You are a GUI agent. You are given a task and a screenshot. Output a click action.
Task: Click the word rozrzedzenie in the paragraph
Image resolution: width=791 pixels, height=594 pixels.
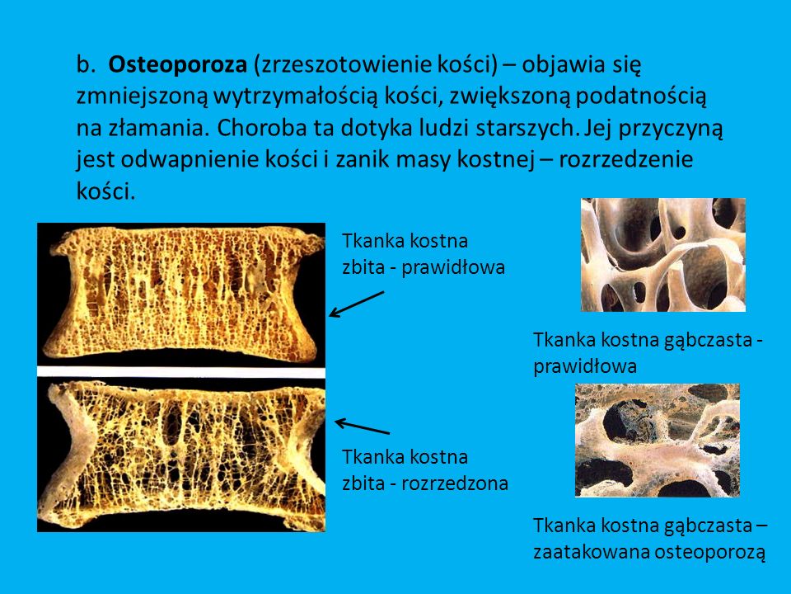point(626,160)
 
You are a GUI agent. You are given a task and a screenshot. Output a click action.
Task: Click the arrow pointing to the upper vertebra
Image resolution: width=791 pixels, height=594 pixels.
point(356,304)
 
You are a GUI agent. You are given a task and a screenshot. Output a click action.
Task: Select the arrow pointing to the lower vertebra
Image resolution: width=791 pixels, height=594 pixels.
point(362,427)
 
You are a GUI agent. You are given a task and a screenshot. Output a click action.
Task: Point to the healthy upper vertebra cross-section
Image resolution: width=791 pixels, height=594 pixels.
point(181,293)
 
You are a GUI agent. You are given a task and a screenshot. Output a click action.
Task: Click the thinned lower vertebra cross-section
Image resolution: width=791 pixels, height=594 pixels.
point(181,454)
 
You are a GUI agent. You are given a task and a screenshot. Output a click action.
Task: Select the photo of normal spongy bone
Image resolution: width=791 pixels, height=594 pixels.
point(662,254)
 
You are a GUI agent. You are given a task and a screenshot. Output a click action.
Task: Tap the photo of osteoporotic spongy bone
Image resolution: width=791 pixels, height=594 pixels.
point(657,440)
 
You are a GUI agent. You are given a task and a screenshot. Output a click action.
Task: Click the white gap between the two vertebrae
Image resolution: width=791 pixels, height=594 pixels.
point(181,371)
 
